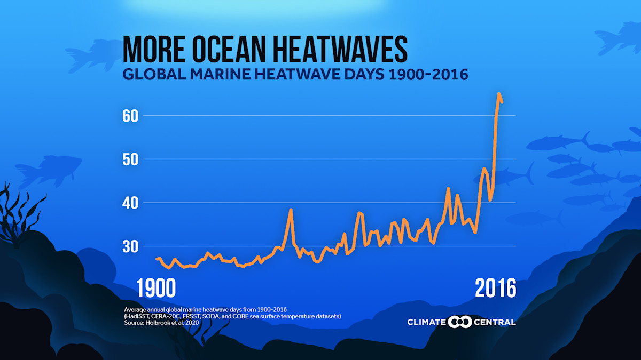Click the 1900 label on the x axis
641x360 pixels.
pos(156,289)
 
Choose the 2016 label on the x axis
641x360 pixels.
pos(496,289)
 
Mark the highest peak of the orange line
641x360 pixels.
pos(499,94)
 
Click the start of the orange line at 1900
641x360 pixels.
pos(157,259)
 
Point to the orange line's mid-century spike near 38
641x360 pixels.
pos(291,210)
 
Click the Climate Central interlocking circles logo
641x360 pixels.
pos(459,322)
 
